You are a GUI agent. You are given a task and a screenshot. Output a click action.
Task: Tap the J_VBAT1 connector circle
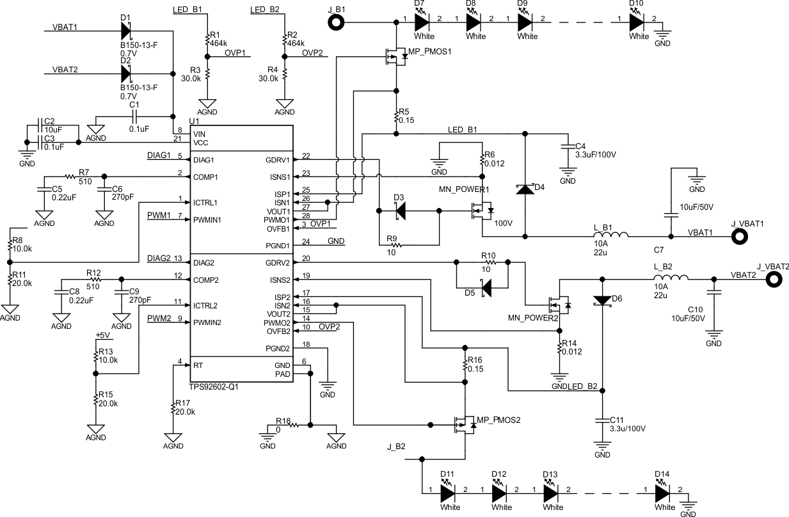point(741,237)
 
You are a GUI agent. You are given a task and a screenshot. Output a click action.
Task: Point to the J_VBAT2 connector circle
point(776,279)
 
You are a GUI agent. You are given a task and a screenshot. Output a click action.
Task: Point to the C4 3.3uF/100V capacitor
point(567,147)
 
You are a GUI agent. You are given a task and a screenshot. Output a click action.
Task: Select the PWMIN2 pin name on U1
point(207,322)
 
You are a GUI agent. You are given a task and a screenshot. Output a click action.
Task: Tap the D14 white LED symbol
point(663,494)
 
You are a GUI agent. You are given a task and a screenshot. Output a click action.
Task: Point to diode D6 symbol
point(602,300)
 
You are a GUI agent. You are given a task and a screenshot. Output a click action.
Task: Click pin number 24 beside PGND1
point(307,242)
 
